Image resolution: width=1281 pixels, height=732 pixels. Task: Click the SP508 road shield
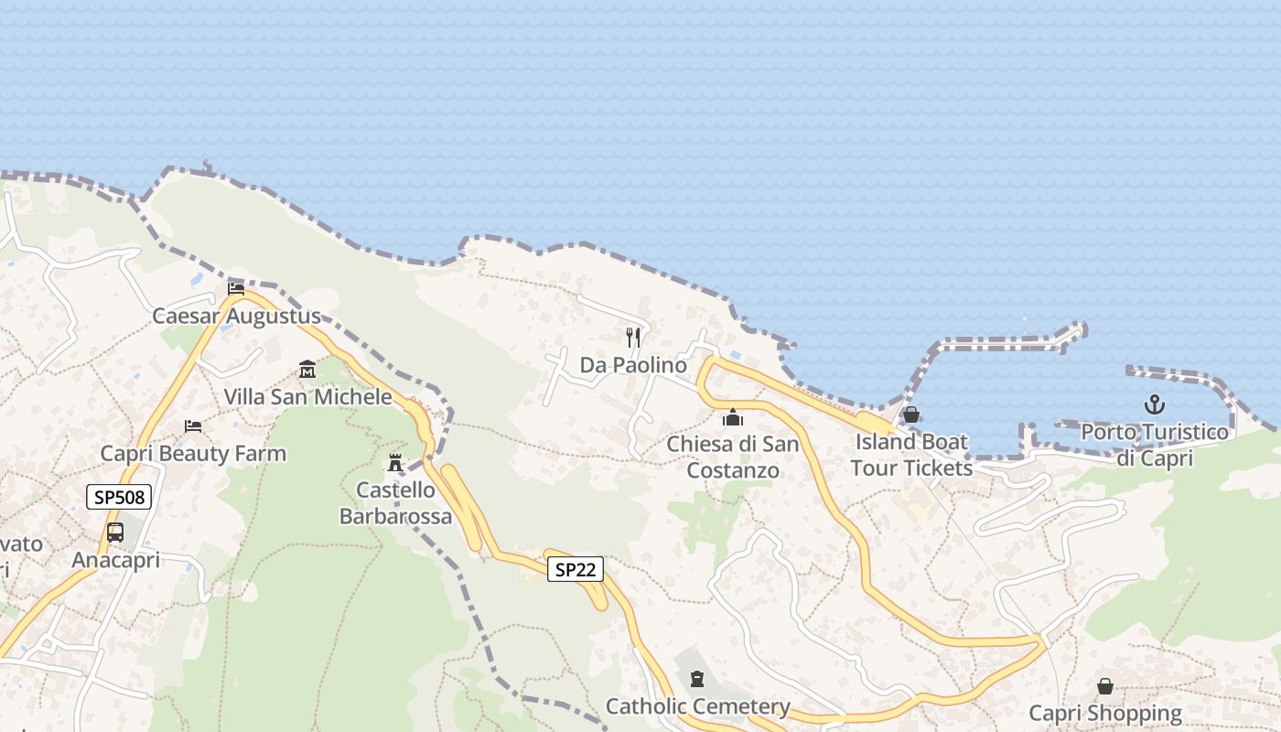(119, 497)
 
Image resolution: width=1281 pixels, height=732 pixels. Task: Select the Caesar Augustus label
(236, 317)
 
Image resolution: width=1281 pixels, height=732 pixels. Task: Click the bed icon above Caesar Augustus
(236, 289)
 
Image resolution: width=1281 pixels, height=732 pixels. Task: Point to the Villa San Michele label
(307, 397)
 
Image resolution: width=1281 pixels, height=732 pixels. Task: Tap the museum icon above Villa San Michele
(307, 370)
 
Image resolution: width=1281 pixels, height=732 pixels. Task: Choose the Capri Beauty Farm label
(193, 454)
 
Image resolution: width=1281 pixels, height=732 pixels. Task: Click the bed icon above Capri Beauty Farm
(193, 426)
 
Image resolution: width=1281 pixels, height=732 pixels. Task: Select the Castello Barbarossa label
(395, 503)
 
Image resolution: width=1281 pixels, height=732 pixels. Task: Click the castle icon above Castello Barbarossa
(395, 463)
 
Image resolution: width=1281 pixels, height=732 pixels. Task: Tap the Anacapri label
(115, 560)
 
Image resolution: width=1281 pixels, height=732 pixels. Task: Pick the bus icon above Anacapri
(115, 533)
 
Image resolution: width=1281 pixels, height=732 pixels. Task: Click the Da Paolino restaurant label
(633, 365)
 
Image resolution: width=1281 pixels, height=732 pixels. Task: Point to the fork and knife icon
(632, 338)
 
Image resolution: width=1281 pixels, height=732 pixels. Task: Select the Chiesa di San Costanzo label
(733, 457)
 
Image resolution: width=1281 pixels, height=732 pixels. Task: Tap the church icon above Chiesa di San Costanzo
(733, 418)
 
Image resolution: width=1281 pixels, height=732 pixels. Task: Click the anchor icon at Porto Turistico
(1155, 404)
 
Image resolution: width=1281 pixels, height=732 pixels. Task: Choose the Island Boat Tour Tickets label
(911, 455)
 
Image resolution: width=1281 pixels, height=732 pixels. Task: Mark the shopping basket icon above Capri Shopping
(1105, 686)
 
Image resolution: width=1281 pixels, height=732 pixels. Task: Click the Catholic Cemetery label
(697, 706)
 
